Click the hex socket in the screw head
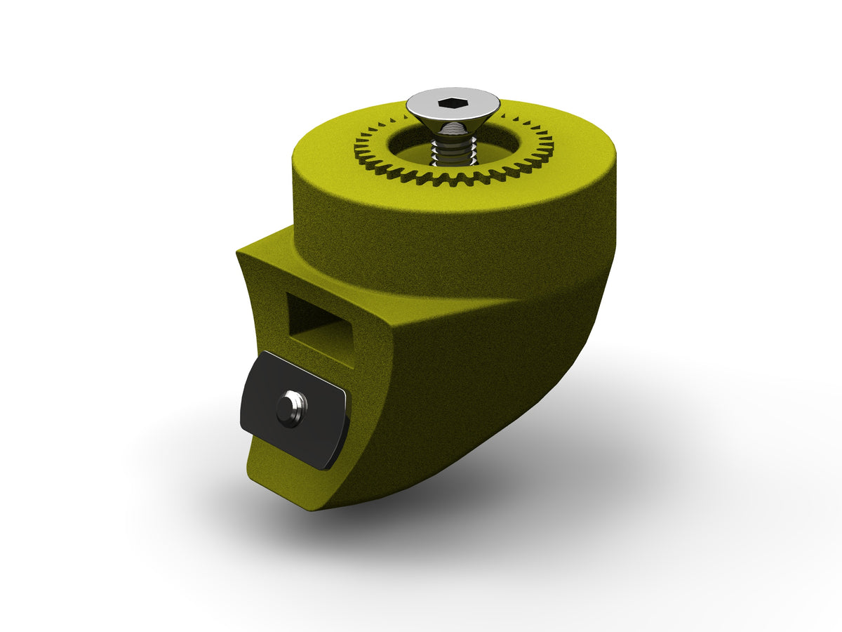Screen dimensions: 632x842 click(453, 104)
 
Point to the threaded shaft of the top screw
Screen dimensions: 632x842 click(453, 151)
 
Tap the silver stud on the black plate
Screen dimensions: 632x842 click(291, 408)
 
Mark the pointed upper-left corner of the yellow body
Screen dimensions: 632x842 click(239, 249)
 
